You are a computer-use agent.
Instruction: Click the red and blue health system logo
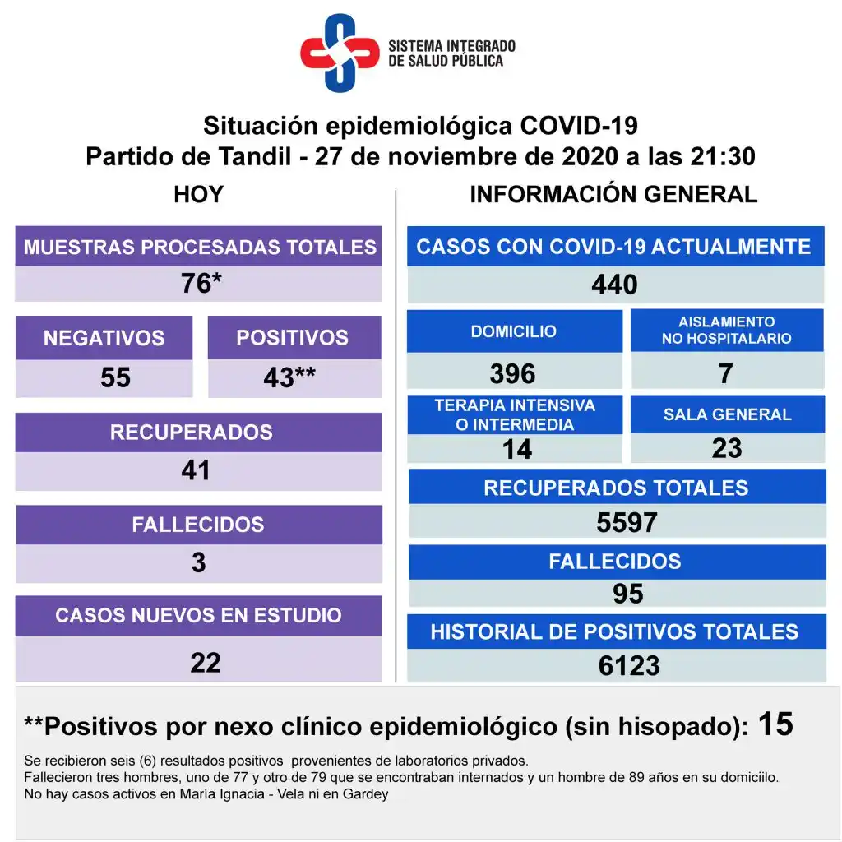pos(339,53)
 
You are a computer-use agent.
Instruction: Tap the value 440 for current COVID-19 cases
pos(614,285)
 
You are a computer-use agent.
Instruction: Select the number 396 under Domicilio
pos(512,374)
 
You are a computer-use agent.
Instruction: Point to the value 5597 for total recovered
pos(627,522)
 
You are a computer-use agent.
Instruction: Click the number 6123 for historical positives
pos(629,665)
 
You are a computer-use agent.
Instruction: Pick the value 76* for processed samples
pos(201,284)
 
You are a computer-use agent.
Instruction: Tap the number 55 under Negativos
pos(115,377)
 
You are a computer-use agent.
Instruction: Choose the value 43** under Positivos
pos(289,377)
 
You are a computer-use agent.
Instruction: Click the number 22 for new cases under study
pos(205,662)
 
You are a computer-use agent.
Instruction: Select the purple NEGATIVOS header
pos(104,338)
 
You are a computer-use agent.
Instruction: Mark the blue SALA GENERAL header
pos(727,414)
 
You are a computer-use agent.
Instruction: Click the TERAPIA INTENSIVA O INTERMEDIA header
pos(515,414)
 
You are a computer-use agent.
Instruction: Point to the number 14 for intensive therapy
pos(517,449)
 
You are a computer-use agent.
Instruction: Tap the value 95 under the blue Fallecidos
pos(627,594)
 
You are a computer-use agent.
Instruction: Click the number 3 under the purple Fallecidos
pos(198,563)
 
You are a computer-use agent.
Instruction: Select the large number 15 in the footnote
pos(775,724)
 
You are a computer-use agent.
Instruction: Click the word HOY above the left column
pos(198,195)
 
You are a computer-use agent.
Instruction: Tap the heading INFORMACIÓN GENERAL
pos(613,195)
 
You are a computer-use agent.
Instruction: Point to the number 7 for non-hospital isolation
pos(725,374)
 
